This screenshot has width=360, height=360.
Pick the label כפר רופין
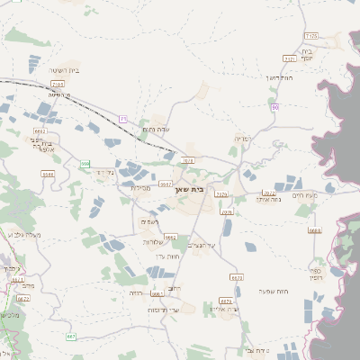click(316, 273)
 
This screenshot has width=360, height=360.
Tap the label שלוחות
click(152, 241)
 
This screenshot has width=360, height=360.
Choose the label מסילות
click(140, 187)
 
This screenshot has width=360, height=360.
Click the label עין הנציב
click(207, 246)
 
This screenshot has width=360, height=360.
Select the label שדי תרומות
click(164, 310)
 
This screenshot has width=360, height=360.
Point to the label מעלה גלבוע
click(23, 235)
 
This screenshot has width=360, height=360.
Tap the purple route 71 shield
click(123, 118)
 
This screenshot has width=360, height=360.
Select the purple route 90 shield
click(274, 108)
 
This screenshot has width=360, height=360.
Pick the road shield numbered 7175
click(311, 36)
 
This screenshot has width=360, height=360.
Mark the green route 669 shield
click(85, 164)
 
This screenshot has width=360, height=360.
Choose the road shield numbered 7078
click(227, 212)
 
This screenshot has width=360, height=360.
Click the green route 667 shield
click(72, 337)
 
